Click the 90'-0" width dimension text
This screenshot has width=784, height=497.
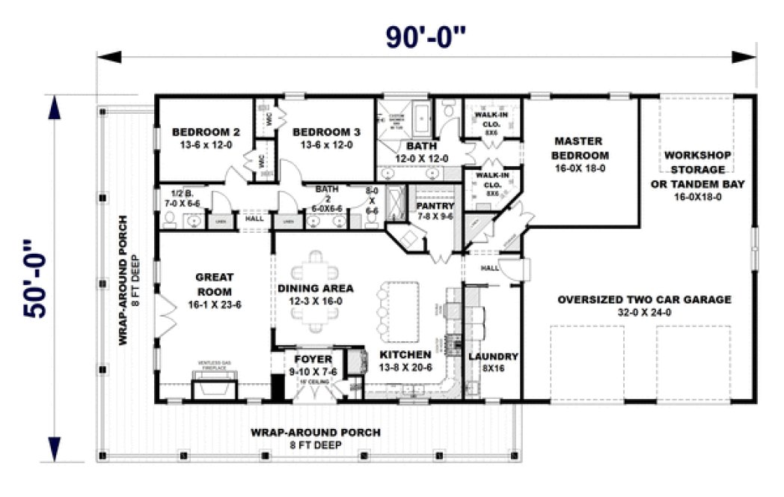(426, 37)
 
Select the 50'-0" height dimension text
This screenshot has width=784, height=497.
(38, 278)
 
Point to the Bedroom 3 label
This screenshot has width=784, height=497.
(326, 138)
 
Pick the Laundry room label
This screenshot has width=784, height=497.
(491, 362)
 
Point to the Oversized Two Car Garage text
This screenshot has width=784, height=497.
(643, 305)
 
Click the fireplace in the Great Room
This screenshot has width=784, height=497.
(215, 389)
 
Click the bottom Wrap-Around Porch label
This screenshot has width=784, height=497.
(315, 438)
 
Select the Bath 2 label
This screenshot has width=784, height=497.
(327, 194)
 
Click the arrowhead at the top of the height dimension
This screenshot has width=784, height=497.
(54, 108)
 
